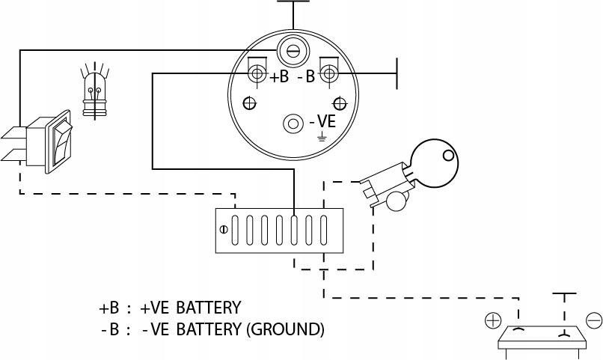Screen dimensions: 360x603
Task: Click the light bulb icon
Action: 94,93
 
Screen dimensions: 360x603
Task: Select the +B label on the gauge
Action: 278,76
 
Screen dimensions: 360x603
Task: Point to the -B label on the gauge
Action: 306,76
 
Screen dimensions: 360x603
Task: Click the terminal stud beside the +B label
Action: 257,73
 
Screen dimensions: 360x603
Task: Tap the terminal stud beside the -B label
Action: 328,73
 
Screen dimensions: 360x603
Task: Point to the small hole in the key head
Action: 447,156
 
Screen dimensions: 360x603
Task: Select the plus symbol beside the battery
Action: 492,321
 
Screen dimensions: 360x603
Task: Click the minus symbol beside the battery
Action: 593,321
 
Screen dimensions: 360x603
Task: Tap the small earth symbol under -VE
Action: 322,137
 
